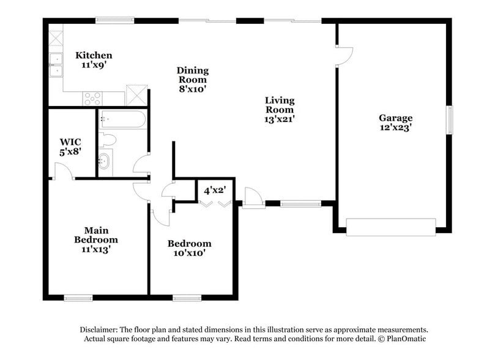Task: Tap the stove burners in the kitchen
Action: [92, 97]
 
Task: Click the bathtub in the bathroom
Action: [122, 119]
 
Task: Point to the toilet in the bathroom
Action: [107, 139]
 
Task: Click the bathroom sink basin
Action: [105, 162]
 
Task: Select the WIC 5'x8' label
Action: [70, 147]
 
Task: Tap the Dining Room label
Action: [192, 79]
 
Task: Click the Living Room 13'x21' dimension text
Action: [280, 119]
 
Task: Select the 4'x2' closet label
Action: [215, 190]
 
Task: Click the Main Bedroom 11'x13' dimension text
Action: [96, 249]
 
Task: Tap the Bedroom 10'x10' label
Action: [190, 248]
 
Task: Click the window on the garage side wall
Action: [450, 120]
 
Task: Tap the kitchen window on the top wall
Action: [115, 20]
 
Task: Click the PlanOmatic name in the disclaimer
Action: [402, 339]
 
